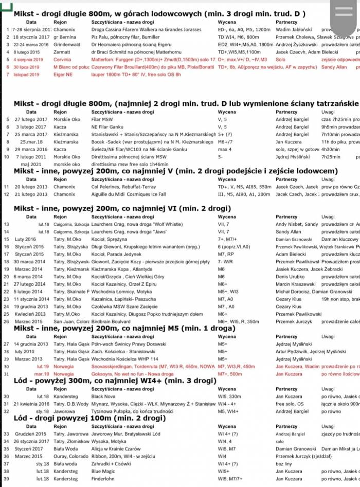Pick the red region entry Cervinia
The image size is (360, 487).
pos(62,60)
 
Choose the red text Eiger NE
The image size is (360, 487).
pos(63,75)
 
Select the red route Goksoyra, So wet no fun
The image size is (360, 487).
pos(131,374)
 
